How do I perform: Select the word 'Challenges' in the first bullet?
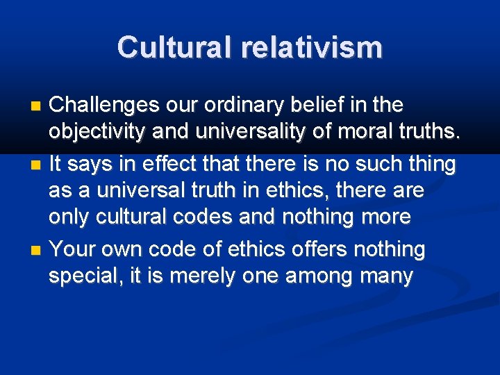tap(104, 106)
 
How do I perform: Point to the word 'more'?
tap(385, 217)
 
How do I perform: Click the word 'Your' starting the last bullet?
tap(71, 248)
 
